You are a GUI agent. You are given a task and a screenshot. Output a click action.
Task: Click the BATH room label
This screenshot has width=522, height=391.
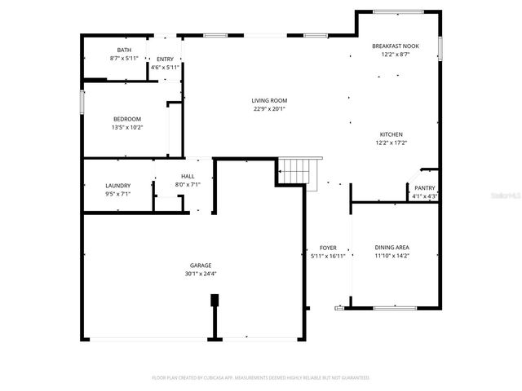pos(124,51)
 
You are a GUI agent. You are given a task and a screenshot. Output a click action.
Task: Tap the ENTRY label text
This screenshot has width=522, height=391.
pos(165,59)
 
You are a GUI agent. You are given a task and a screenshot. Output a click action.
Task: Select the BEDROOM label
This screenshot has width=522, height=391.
pos(127,119)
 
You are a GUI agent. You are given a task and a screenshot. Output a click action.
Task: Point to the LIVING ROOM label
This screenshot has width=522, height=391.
pos(269,100)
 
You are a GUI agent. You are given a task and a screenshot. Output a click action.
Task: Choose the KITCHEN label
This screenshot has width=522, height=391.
pos(391,134)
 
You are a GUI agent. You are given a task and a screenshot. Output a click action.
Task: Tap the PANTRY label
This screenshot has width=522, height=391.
pos(425,187)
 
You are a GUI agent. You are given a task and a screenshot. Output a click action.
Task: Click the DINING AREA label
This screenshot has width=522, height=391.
pos(391,247)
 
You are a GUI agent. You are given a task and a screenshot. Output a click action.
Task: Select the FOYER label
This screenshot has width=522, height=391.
pos(328,247)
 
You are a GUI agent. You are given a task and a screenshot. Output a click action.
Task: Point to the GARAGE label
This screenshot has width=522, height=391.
pos(201,265)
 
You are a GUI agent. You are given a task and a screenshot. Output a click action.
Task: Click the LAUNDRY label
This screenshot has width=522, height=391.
pos(118,187)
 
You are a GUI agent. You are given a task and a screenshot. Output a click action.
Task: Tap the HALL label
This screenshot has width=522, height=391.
pos(188,176)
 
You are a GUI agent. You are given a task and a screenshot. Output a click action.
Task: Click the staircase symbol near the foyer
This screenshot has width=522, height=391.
pos(297,172)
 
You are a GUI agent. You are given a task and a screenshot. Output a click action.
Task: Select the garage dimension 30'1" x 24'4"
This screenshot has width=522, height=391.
pos(201,274)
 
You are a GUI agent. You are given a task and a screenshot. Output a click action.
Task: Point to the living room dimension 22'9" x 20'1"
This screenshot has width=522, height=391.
pos(269,109)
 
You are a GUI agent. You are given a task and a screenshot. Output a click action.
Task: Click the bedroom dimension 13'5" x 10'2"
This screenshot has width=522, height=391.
pos(127,127)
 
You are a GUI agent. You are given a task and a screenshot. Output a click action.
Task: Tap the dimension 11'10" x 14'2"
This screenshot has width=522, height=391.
pos(391,256)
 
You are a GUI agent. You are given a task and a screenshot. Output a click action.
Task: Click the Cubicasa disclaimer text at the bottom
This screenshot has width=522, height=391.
pos(261,378)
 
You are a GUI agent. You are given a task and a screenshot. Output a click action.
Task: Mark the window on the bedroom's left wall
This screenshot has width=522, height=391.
pos(82,103)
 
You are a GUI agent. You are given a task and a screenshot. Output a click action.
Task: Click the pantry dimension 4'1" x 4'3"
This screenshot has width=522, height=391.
pos(425,196)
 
